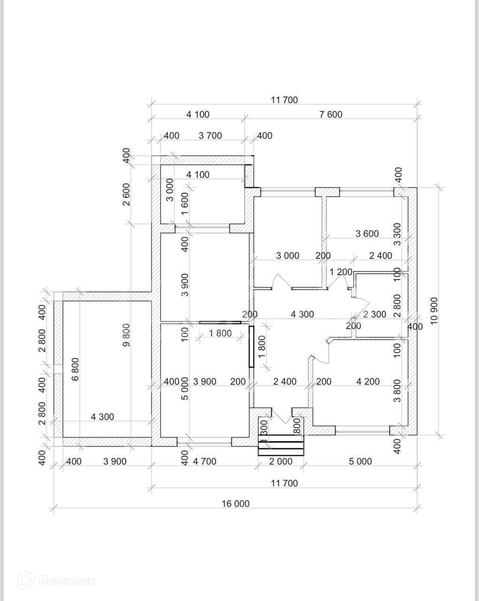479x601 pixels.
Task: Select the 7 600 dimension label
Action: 331,115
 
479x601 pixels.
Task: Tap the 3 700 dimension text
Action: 210,136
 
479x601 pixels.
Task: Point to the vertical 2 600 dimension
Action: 126,194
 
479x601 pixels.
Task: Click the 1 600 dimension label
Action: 185,204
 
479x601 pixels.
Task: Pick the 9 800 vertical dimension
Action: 126,335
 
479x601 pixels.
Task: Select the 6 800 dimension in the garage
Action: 76,369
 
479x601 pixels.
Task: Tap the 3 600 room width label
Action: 367,233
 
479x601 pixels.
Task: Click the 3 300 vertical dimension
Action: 397,234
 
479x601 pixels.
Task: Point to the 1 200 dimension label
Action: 341,272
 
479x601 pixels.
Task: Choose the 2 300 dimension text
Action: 375,315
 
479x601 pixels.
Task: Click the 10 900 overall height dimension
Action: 434,311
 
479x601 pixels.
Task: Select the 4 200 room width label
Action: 368,381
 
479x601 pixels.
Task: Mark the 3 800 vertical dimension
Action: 397,391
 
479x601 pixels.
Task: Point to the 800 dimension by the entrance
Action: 298,426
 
